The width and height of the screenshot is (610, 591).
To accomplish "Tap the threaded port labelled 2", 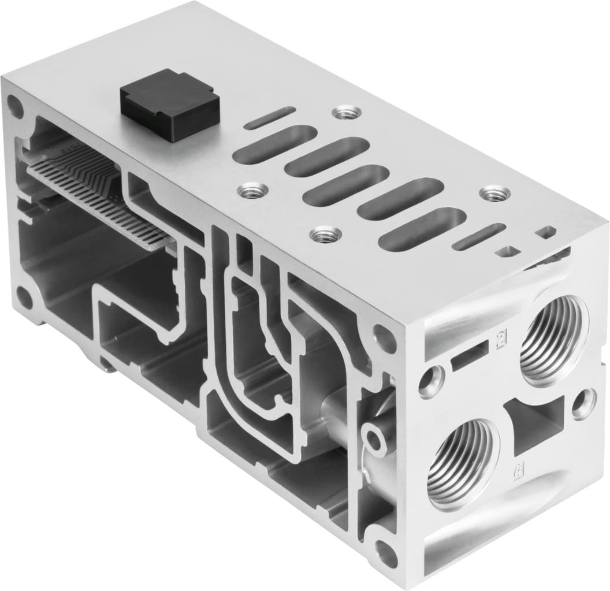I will click(553, 340).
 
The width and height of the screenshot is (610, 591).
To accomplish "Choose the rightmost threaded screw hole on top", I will click(492, 194).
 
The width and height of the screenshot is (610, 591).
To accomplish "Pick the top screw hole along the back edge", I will click(348, 112).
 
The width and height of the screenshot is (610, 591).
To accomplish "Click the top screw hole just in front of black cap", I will click(253, 189).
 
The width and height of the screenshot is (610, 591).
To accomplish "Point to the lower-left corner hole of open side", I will click(24, 296).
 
